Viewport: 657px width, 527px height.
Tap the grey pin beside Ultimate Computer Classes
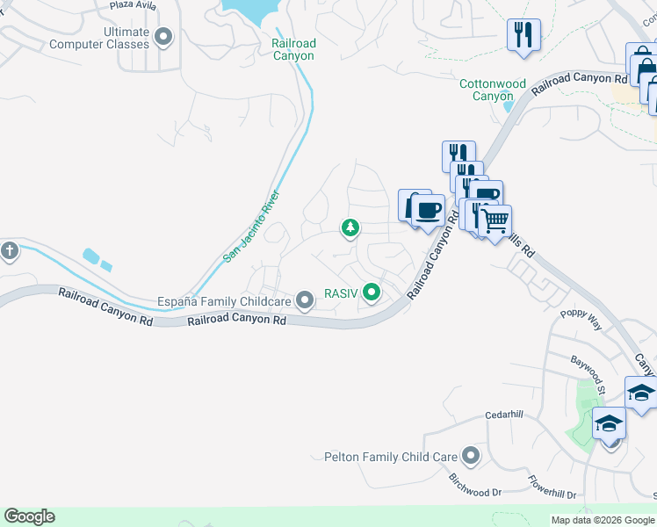(x=162, y=37)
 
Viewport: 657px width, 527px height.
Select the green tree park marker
(x=350, y=228)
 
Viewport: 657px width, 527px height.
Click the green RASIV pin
(x=372, y=292)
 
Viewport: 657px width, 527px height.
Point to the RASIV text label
(x=341, y=293)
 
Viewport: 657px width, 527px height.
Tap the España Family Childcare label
(x=224, y=301)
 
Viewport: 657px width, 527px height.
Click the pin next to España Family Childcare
(x=305, y=301)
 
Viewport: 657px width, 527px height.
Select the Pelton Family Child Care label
(x=391, y=457)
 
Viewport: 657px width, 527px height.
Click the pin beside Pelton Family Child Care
(x=471, y=456)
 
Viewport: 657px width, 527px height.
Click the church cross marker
(x=9, y=250)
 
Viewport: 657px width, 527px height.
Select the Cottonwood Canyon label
(x=493, y=90)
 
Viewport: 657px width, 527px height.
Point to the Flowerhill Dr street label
(x=552, y=487)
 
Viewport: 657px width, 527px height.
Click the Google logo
(x=29, y=516)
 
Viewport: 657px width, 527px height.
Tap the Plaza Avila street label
(x=134, y=4)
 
